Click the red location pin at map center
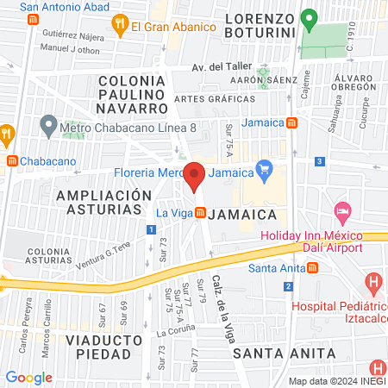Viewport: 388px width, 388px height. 195,176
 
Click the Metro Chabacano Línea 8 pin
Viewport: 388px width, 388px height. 49,126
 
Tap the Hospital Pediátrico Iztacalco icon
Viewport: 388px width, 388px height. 373,282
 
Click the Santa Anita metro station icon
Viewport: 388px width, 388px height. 312,267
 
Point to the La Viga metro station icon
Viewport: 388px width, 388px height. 199,212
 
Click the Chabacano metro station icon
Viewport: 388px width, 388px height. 11,160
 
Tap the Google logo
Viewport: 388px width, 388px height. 28,378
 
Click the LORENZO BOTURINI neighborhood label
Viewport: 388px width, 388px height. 260,26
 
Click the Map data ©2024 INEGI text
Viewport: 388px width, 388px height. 336,380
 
